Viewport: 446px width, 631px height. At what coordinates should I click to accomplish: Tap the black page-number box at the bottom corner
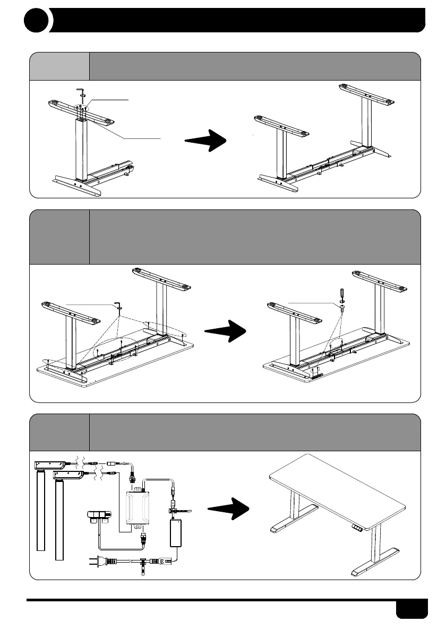click(411, 609)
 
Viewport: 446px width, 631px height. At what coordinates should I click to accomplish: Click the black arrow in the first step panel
click(206, 141)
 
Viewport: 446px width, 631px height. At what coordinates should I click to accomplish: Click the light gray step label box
click(59, 66)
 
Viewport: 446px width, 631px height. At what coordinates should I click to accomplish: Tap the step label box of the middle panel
click(59, 237)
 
